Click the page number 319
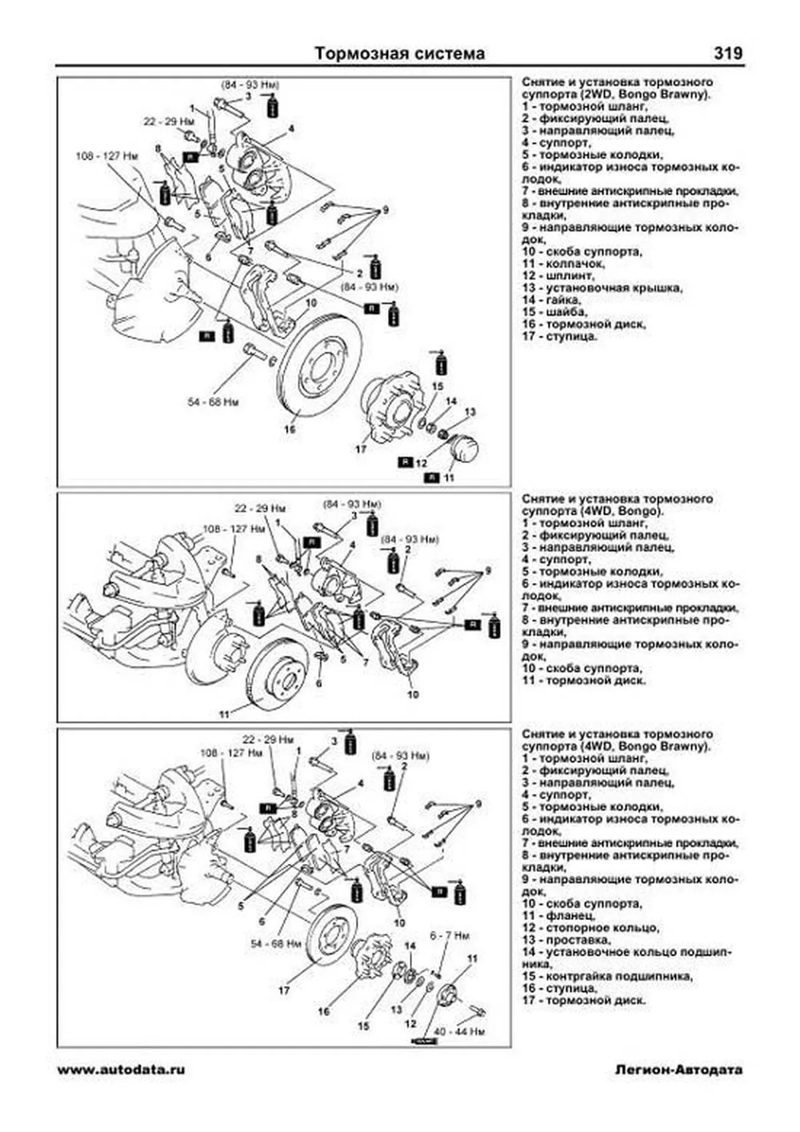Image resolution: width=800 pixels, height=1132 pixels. (727, 53)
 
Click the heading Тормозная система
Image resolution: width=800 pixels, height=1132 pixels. (399, 53)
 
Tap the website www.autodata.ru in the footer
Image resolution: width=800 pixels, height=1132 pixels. (121, 1069)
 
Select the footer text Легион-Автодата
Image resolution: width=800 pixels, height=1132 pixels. (678, 1069)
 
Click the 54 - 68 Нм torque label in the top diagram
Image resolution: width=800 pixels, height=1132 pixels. (213, 402)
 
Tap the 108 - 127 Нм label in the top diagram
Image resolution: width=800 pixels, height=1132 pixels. (107, 156)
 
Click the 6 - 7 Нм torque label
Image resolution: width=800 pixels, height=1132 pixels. (449, 935)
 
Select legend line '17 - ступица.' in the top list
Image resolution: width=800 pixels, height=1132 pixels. (560, 336)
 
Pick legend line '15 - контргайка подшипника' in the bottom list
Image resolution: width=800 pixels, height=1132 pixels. (607, 977)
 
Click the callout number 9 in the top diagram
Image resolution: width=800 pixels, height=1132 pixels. (385, 211)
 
